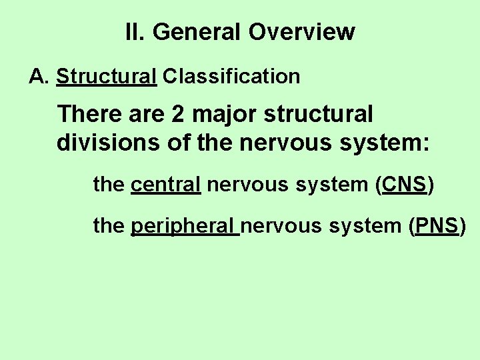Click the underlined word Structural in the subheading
pos(107,77)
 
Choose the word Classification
pos(231,77)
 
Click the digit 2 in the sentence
pos(178,114)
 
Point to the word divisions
pos(101,142)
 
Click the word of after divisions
pos(163,142)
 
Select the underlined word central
pos(166,185)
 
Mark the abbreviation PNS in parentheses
pos(437,226)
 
